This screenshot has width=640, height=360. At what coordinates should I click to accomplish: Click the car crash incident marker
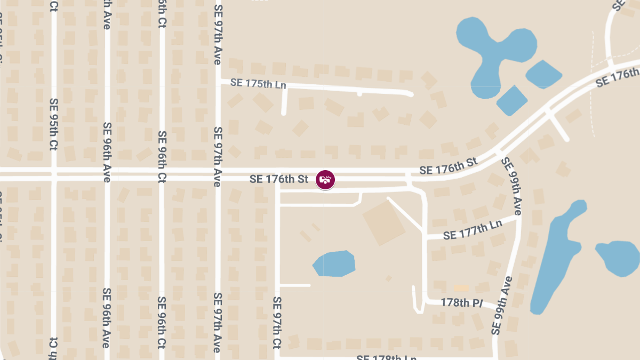[325, 180]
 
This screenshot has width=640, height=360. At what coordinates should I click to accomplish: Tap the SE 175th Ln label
[258, 84]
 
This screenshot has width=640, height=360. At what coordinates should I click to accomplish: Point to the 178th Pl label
[461, 302]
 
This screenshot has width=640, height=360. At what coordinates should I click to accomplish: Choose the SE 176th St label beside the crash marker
[278, 180]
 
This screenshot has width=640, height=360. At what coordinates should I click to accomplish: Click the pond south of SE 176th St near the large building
[336, 263]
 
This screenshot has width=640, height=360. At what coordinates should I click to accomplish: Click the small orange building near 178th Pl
[461, 288]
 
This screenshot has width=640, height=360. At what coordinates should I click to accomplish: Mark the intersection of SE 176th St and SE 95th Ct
[54, 174]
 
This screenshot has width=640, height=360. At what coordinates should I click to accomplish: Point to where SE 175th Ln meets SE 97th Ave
[218, 82]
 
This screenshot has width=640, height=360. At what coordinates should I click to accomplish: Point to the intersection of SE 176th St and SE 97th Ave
[218, 174]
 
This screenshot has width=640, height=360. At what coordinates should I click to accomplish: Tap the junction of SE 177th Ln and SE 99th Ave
[518, 217]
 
